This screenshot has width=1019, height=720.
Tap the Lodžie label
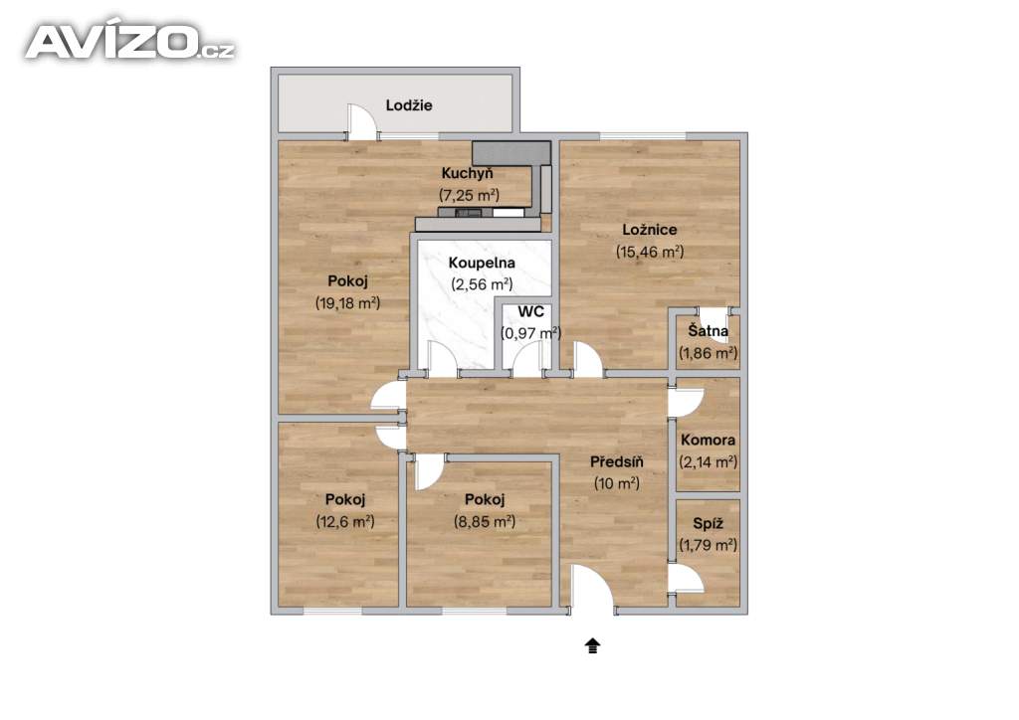[x=409, y=105]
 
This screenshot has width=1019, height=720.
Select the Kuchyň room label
[x=468, y=173]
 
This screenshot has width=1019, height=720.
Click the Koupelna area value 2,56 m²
[x=482, y=284]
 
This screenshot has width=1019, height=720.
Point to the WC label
[x=531, y=311]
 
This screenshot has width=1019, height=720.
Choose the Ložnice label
[x=649, y=229]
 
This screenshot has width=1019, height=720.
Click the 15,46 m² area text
[x=649, y=252]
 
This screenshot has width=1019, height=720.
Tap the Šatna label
[x=708, y=330]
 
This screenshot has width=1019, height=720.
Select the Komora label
[x=708, y=440]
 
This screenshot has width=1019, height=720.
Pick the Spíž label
[x=708, y=523]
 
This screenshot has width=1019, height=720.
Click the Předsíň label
[x=617, y=461]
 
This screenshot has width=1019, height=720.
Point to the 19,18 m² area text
[x=347, y=302]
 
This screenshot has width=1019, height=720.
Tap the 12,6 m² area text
[x=345, y=521]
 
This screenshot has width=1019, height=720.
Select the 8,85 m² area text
[x=485, y=521]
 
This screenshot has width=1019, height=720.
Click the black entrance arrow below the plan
[x=593, y=645]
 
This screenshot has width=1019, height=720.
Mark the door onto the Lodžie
[x=362, y=121]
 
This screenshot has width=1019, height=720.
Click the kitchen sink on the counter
[x=469, y=212]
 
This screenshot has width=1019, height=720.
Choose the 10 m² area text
[x=617, y=483]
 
